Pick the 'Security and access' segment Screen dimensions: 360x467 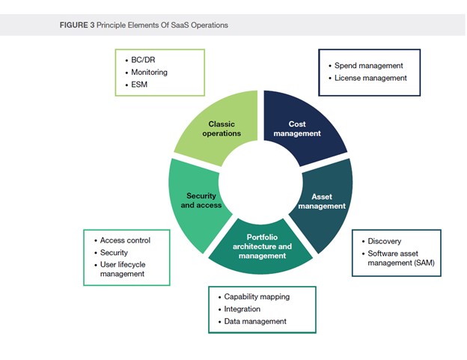coord(199,201)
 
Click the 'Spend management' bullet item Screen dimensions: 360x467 coord(369,66)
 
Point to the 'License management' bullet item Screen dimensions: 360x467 coord(370,78)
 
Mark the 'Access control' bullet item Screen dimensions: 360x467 coord(125,240)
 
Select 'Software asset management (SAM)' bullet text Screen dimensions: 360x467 coord(400,257)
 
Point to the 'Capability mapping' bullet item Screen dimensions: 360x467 coord(257,296)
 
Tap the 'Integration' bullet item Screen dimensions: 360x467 coord(242,309)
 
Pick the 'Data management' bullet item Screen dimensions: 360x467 coord(255,321)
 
